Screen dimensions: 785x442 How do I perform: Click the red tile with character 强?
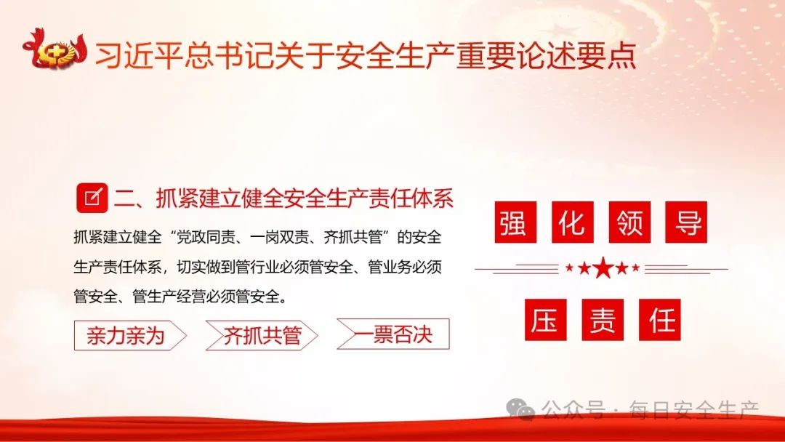click(515, 222)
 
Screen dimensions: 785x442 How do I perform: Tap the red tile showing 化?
click(572, 222)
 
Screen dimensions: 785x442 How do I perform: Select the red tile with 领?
click(629, 222)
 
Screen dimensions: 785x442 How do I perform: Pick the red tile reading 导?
click(686, 222)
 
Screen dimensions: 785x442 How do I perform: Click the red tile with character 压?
click(546, 319)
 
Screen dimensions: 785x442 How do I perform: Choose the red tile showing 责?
click(603, 319)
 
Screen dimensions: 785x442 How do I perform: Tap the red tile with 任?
click(660, 319)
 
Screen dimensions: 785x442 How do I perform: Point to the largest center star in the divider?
click(603, 268)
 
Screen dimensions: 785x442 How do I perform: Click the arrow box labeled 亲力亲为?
click(130, 335)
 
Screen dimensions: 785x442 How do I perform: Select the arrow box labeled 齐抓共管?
click(262, 335)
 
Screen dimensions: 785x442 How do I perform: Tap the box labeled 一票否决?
click(393, 334)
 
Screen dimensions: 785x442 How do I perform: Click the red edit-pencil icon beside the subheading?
click(92, 198)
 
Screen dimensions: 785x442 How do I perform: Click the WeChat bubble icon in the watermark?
click(520, 409)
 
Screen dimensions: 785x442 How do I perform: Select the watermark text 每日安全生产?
click(694, 410)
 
